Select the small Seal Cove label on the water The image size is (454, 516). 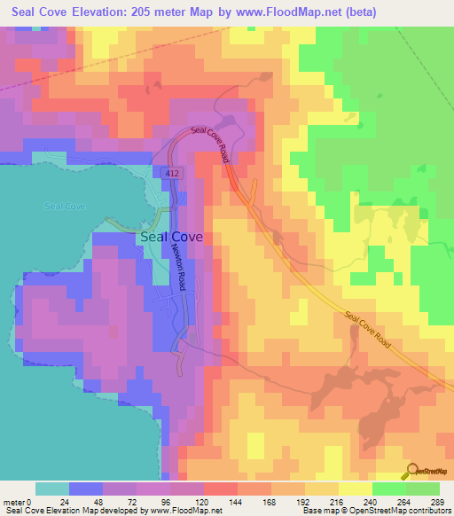pos(65,206)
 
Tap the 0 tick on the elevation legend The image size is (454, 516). pos(30,501)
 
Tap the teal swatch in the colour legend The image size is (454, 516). pos(52,489)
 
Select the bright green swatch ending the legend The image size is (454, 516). pos(423,489)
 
